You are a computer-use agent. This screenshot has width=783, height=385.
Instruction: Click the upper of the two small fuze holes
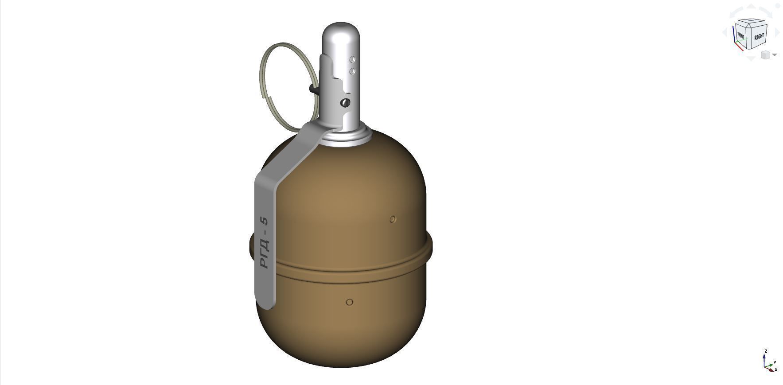[353, 59]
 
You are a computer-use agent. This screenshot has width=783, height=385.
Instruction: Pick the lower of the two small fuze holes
[353, 71]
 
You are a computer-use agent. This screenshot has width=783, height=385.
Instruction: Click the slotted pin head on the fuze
[345, 103]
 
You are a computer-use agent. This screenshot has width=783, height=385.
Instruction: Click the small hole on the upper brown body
[393, 219]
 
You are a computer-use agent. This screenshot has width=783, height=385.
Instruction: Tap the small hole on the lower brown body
[349, 302]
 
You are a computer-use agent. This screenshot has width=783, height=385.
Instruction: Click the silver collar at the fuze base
[347, 137]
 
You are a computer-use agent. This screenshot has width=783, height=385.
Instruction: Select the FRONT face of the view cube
[740, 35]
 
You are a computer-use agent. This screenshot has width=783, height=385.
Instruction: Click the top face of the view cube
[751, 22]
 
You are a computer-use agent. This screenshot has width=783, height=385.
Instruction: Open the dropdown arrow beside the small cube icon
[775, 55]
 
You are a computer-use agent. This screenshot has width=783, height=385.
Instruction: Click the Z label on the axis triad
[765, 351]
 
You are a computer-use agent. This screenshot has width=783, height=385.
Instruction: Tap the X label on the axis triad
[776, 369]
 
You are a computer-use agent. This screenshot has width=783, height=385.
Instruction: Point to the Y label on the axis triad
[775, 362]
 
